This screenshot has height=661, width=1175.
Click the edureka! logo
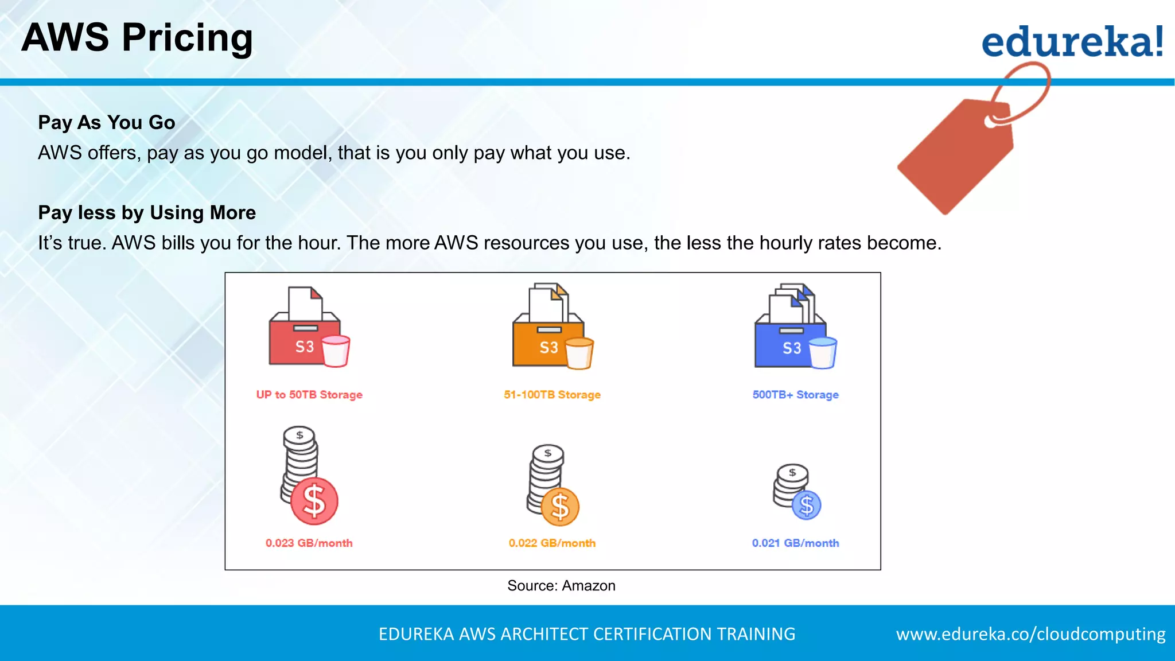click(x=1072, y=41)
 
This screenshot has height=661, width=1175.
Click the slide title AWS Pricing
click(x=137, y=38)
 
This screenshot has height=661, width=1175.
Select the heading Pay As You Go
click(x=107, y=123)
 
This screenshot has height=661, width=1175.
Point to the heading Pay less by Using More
click(x=147, y=213)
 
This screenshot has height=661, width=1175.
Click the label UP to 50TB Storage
click(x=309, y=395)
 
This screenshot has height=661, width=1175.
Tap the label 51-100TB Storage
click(x=552, y=395)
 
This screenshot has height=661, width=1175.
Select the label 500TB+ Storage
click(x=795, y=395)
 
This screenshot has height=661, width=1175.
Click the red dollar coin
click(x=314, y=501)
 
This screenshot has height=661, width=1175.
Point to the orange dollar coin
click(x=560, y=507)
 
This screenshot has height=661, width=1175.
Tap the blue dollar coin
click(x=807, y=506)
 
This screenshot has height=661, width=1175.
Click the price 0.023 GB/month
click(x=309, y=543)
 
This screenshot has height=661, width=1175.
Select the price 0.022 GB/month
click(x=552, y=543)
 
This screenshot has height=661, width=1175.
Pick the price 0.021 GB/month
click(x=795, y=543)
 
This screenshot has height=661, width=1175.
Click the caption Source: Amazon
click(x=561, y=586)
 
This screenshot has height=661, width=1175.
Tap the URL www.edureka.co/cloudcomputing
click(x=1030, y=634)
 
